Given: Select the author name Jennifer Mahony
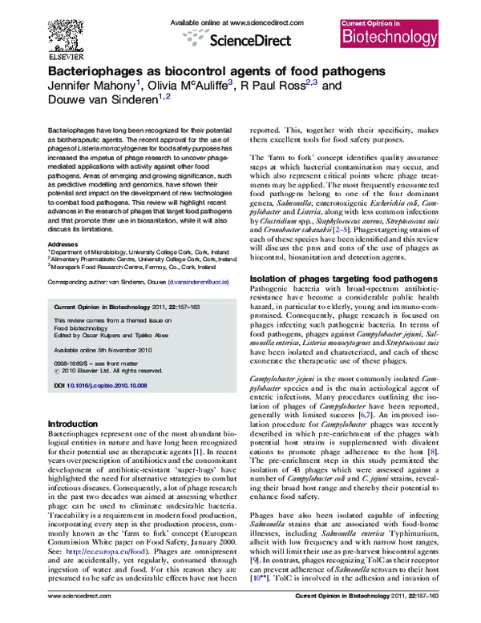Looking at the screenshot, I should (94, 86).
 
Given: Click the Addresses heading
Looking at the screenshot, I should (63, 243).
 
